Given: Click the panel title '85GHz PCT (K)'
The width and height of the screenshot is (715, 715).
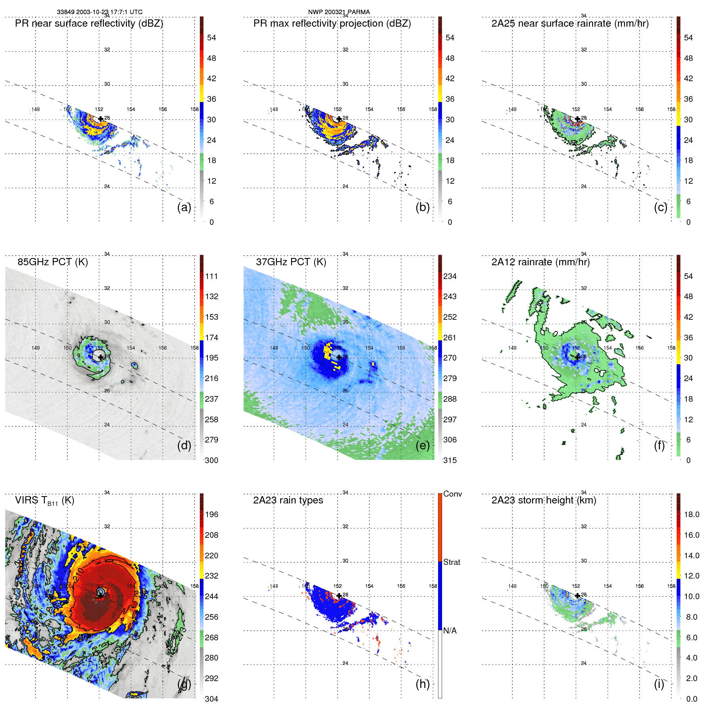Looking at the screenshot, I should tap(52, 262).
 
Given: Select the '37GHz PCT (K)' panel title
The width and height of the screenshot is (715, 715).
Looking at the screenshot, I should tap(291, 262).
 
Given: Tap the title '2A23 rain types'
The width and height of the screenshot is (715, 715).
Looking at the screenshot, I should tap(288, 500).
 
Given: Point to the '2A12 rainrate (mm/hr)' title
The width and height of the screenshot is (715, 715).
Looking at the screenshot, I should tap(540, 262).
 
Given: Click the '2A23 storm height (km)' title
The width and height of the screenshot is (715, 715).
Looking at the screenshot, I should tap(543, 500).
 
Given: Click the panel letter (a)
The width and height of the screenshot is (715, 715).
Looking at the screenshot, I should tap(184, 207).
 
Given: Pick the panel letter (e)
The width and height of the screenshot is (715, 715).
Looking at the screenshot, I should tap(422, 445).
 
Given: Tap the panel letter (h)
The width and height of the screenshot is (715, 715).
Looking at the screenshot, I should tap(422, 684).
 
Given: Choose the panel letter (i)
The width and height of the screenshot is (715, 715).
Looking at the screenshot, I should tap(659, 684).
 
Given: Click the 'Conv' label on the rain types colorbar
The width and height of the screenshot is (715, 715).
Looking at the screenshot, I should tap(453, 494).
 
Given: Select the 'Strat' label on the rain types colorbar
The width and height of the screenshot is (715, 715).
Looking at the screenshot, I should tap(452, 562).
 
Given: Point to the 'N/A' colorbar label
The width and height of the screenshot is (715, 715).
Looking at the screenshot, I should tap(450, 631).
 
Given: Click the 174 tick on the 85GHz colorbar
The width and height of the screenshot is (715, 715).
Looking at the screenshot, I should tap(212, 338).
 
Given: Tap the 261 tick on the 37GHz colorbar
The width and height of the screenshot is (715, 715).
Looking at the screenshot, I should tap(450, 338).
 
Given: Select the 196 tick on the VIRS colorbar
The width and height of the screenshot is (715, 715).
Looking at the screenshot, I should tap(212, 514).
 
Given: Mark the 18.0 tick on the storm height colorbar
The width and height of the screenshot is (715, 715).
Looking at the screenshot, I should tap(691, 514).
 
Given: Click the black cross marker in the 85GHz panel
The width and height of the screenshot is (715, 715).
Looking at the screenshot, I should tap(101, 357).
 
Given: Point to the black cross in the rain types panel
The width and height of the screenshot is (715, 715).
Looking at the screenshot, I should tap(339, 595).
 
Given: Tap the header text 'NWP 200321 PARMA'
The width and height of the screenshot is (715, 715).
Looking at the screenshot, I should tap(339, 12).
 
